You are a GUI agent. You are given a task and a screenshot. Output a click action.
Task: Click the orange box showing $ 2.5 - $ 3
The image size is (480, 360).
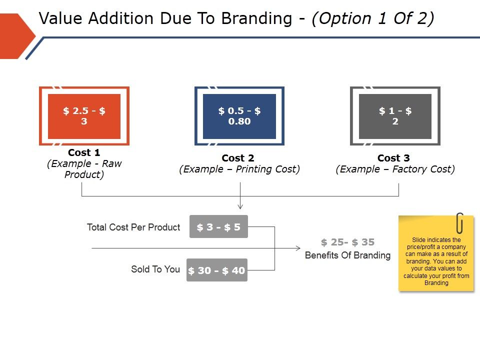point(84,116)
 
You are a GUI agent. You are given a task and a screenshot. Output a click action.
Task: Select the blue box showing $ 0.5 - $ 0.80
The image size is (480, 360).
point(239,116)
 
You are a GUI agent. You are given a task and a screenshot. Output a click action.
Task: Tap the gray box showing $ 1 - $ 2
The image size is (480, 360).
point(395,116)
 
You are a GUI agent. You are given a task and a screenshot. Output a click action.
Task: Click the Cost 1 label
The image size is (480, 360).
point(84,152)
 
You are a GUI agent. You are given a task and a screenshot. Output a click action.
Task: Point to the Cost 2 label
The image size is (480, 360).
point(238,158)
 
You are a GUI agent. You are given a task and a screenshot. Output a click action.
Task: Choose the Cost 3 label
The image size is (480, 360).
point(393,158)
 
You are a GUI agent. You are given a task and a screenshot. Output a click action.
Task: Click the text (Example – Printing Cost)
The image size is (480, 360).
point(239,169)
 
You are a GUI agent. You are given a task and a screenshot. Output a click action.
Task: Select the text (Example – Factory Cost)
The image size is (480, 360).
point(395,169)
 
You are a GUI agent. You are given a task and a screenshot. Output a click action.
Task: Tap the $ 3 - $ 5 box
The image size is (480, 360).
point(218,227)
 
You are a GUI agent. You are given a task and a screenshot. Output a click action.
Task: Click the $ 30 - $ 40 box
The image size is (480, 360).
point(217,270)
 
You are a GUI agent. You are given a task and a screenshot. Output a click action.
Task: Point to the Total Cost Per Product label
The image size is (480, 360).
point(133,227)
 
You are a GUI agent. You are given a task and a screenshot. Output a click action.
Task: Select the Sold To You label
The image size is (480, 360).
point(155,269)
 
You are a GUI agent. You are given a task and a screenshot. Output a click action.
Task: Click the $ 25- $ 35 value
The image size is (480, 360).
point(347,242)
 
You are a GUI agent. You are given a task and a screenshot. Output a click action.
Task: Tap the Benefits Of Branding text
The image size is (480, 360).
point(347,255)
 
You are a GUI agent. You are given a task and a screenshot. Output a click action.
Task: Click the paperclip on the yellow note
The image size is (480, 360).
point(459,223)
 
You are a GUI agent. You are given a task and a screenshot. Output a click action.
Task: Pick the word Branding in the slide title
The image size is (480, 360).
point(256,19)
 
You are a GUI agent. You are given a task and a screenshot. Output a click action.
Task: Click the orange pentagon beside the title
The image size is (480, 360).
point(15,36)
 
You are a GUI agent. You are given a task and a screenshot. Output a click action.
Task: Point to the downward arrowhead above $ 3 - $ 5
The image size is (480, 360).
point(240,206)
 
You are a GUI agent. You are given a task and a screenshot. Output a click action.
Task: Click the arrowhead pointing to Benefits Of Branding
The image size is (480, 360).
point(298,248)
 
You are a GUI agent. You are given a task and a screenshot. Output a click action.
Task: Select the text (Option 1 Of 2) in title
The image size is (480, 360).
point(372,19)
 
